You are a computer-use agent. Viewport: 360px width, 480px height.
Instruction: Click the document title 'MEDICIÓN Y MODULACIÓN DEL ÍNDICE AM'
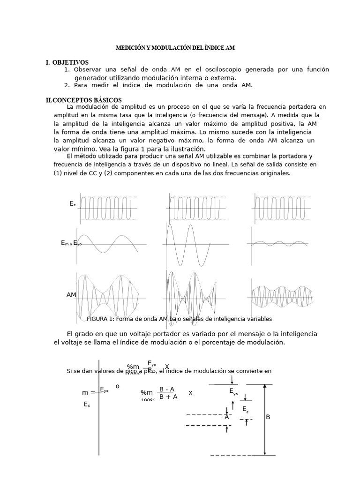pyautogui.click(x=175, y=48)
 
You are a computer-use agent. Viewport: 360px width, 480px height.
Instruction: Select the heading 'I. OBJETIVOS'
pyautogui.click(x=67, y=62)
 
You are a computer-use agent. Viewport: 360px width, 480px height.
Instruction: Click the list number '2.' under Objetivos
pyautogui.click(x=67, y=85)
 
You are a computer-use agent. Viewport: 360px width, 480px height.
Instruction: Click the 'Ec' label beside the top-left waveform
pyautogui.click(x=72, y=204)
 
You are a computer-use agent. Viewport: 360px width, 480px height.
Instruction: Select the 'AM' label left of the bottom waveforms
pyautogui.click(x=71, y=295)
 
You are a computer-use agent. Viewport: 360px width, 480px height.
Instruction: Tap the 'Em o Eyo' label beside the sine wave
pyautogui.click(x=71, y=243)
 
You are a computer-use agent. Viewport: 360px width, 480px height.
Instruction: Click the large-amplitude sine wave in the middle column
pyautogui.click(x=190, y=245)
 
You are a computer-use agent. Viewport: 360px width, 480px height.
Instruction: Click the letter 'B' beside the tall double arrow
pyautogui.click(x=268, y=417)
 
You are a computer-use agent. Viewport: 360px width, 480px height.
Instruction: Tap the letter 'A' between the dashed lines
pyautogui.click(x=226, y=417)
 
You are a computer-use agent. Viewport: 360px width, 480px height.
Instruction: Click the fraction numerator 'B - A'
pyautogui.click(x=167, y=389)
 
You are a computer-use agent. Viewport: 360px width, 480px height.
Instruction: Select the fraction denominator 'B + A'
pyautogui.click(x=168, y=397)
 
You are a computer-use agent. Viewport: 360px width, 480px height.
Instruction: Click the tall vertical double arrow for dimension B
pyautogui.click(x=265, y=420)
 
